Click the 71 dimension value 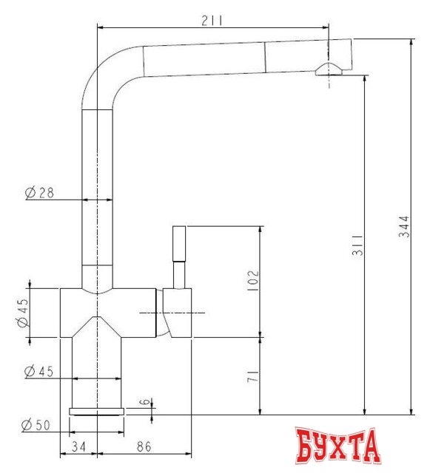[x=252, y=375]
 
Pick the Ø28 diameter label [x=39, y=193]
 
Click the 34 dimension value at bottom [x=78, y=446]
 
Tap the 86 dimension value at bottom [x=144, y=446]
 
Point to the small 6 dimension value [x=147, y=404]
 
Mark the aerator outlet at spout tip [x=328, y=69]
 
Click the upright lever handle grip [x=179, y=243]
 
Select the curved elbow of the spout [x=104, y=75]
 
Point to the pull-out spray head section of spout [x=296, y=56]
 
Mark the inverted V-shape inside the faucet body [x=96, y=325]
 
